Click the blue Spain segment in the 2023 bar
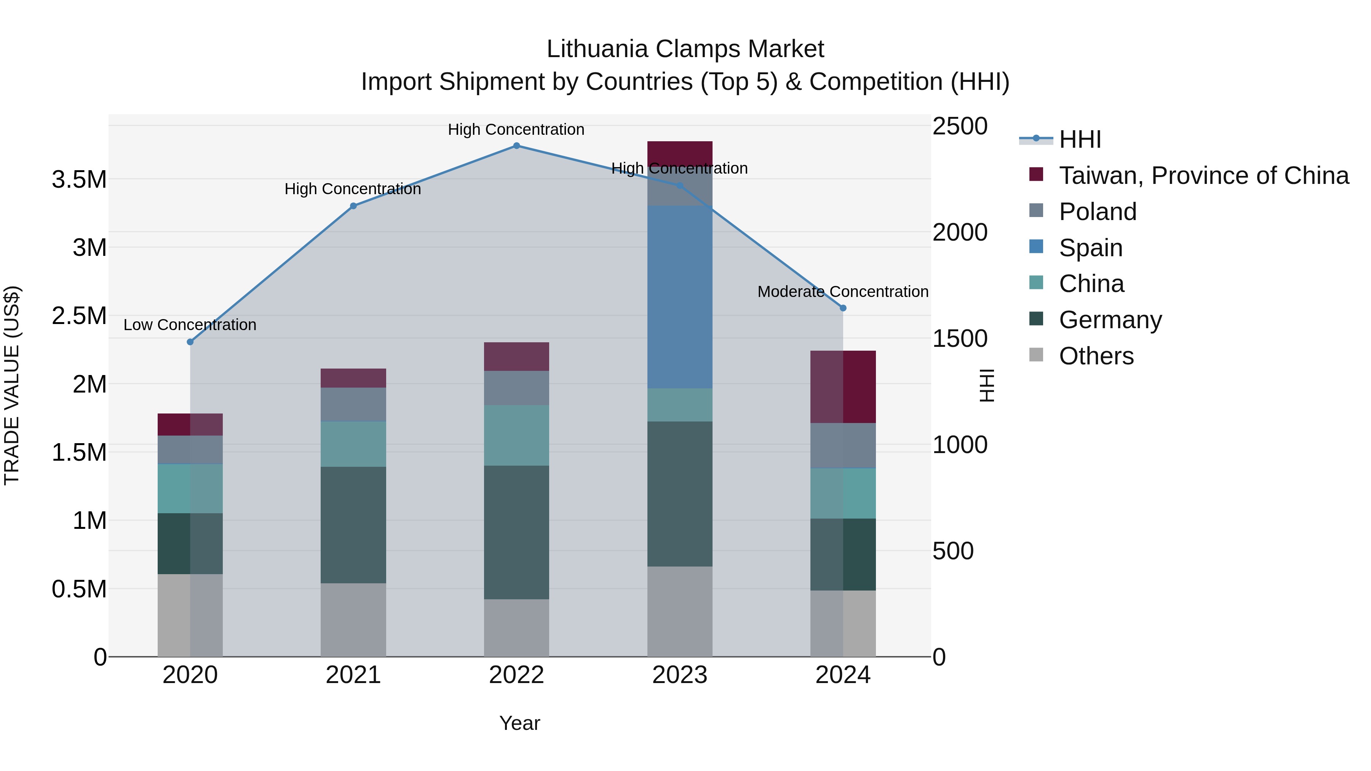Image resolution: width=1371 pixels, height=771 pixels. pyautogui.click(x=680, y=297)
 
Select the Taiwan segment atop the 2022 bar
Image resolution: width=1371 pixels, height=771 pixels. pyautogui.click(x=516, y=356)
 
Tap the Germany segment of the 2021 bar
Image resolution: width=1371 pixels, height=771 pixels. pyautogui.click(x=353, y=525)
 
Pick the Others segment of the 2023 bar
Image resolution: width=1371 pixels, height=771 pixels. pyautogui.click(x=680, y=611)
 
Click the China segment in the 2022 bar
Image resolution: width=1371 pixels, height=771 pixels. pyautogui.click(x=516, y=435)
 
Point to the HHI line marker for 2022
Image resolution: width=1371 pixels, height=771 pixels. pyautogui.click(x=516, y=146)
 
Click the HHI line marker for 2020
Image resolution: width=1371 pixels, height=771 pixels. pyautogui.click(x=190, y=342)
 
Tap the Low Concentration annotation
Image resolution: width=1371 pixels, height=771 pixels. pyautogui.click(x=190, y=324)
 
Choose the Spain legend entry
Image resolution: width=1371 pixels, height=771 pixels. pyautogui.click(x=1091, y=248)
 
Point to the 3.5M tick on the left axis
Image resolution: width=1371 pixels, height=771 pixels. pyautogui.click(x=79, y=180)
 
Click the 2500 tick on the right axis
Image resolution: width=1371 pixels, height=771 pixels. pyautogui.click(x=960, y=127)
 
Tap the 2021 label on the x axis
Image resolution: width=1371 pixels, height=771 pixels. pyautogui.click(x=353, y=675)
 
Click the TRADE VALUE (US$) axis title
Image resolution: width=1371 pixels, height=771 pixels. pyautogui.click(x=12, y=385)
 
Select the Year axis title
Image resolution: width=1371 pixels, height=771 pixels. pyautogui.click(x=519, y=723)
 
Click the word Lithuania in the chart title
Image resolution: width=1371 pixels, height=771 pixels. pyautogui.click(x=597, y=49)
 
